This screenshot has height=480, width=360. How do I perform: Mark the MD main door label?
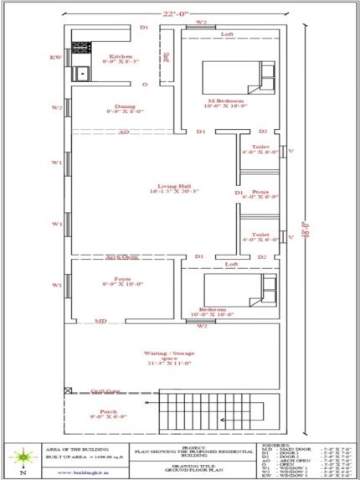pos(100,321)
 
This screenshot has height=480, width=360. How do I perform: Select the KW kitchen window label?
pos(56,58)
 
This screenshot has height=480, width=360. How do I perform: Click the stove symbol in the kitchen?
pos(81,48)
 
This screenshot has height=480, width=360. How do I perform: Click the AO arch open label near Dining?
pos(123,132)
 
